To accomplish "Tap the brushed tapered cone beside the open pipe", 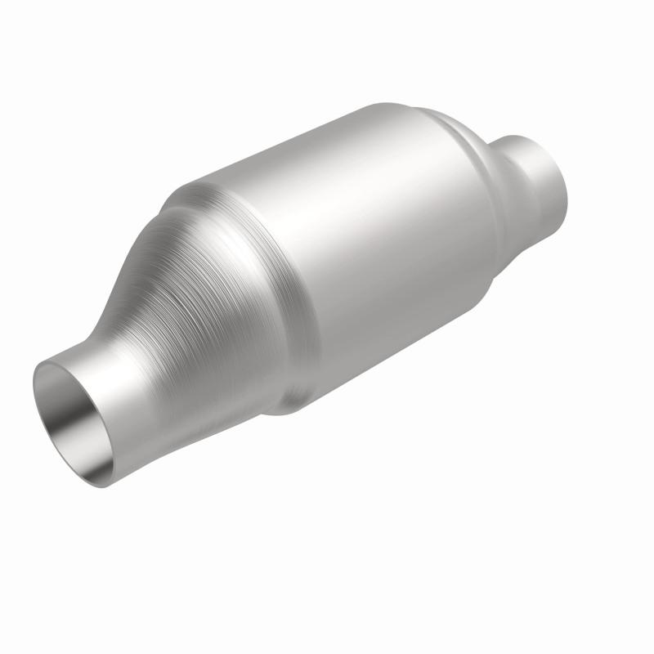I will (204, 311).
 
